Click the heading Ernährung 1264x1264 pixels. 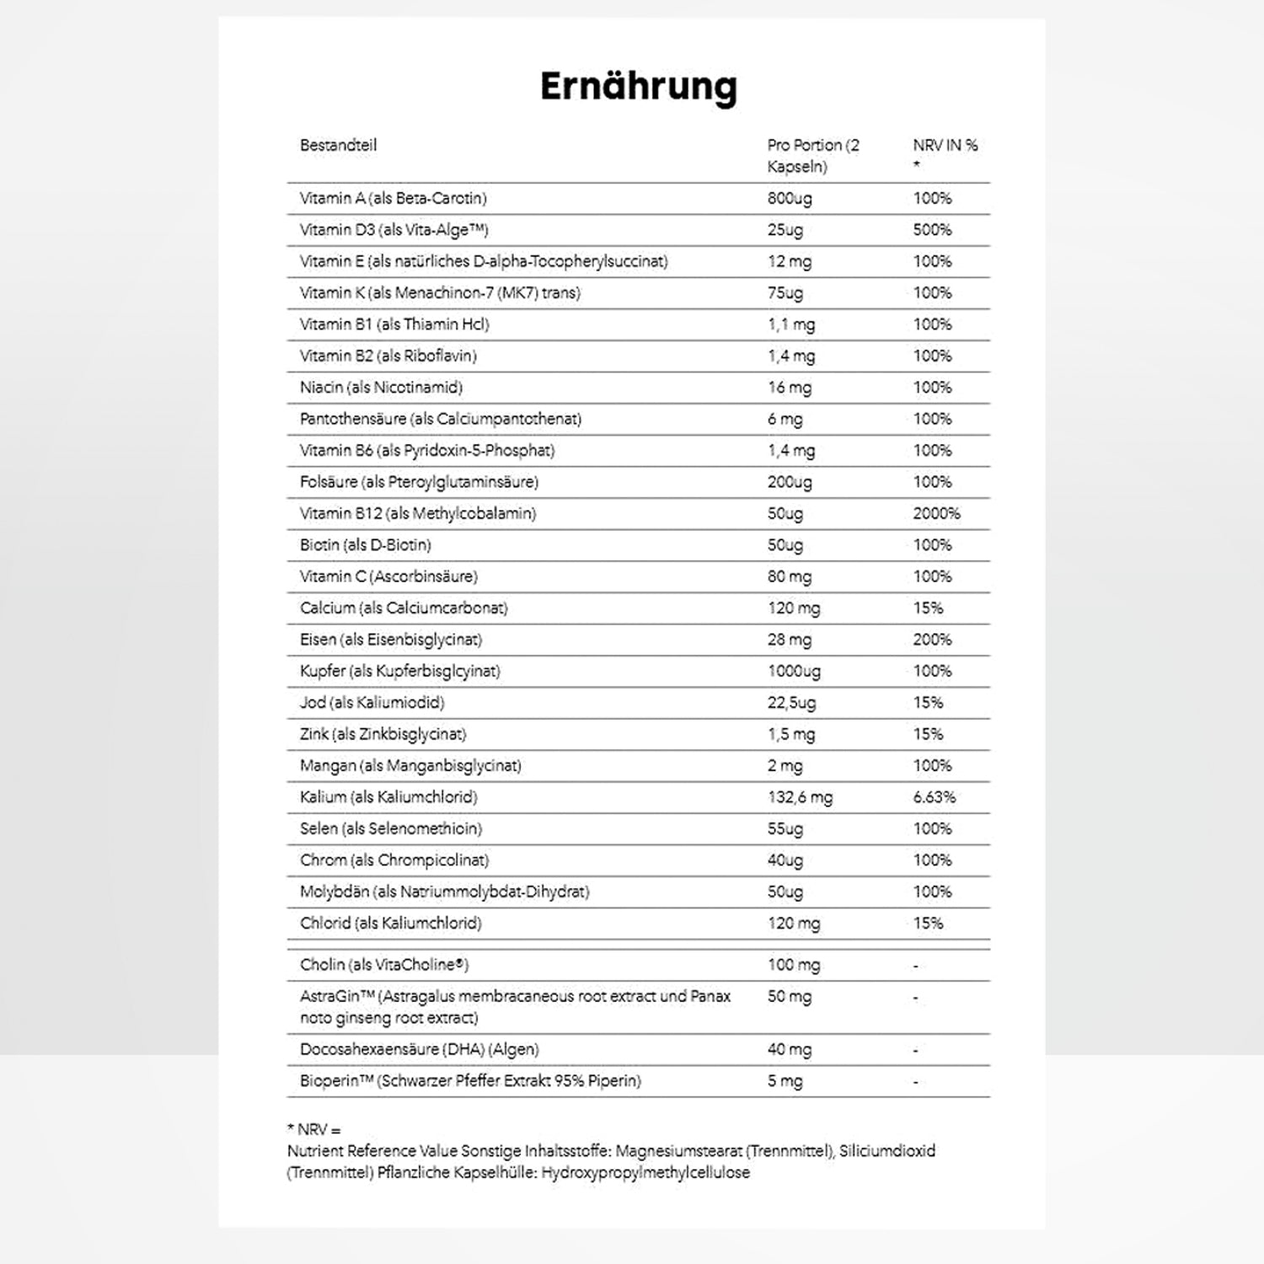(638, 87)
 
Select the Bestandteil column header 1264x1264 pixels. (338, 145)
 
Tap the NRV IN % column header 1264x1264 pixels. (945, 146)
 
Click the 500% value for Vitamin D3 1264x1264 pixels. (932, 230)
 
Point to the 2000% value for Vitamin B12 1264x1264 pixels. (936, 513)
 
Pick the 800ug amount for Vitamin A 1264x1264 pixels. (790, 199)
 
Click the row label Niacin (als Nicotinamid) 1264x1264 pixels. (381, 388)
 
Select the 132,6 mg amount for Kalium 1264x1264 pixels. (799, 797)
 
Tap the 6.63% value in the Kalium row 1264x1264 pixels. (934, 797)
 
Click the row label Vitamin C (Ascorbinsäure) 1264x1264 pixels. (388, 576)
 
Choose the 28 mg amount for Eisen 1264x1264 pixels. (789, 640)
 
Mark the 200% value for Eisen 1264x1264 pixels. (932, 640)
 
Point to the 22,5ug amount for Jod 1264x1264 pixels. (791, 703)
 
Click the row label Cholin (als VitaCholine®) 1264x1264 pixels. (383, 965)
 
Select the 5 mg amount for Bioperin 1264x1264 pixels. (785, 1081)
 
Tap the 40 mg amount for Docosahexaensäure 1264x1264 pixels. (789, 1050)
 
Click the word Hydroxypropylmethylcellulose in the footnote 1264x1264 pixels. (645, 1173)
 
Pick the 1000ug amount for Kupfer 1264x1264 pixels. (794, 672)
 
